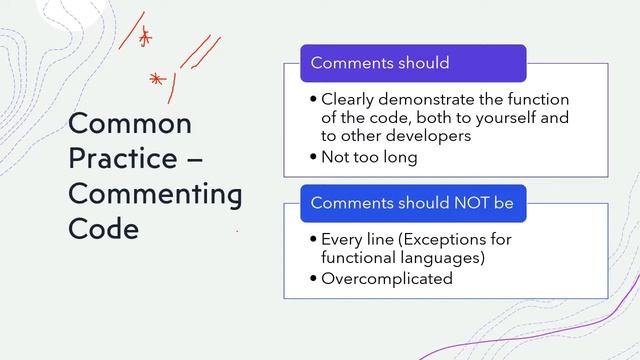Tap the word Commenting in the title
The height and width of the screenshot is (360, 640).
tap(155, 194)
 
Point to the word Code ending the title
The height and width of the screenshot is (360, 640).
tap(103, 229)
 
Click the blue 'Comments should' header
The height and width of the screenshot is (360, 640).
tap(413, 63)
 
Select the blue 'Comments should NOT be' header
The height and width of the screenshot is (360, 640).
tap(413, 203)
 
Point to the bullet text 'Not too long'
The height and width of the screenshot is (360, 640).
tap(369, 157)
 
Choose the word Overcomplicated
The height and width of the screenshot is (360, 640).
tap(387, 279)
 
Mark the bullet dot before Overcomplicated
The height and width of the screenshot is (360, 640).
tap(314, 279)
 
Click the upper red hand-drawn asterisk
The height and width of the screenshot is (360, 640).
tap(145, 38)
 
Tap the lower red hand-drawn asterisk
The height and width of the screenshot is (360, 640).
tap(155, 78)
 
